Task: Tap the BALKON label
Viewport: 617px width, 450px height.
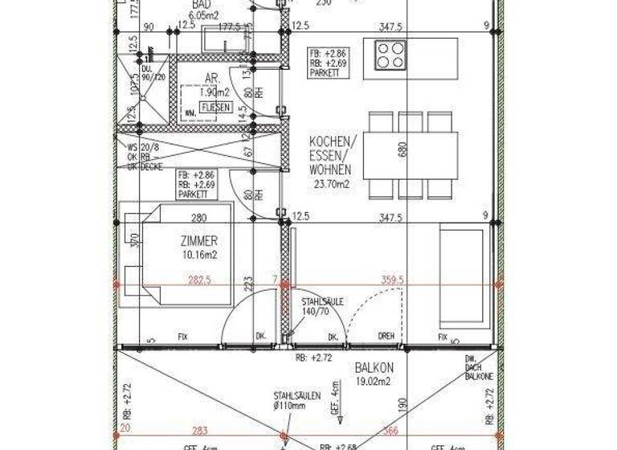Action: pyautogui.click(x=374, y=369)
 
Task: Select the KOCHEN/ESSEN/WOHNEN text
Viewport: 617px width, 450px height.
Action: pyautogui.click(x=330, y=156)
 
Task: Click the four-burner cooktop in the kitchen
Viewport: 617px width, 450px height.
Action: pyautogui.click(x=390, y=55)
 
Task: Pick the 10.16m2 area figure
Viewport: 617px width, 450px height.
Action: pyautogui.click(x=200, y=255)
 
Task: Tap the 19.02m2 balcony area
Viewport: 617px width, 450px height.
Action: pyautogui.click(x=373, y=382)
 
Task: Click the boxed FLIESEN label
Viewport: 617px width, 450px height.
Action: pyautogui.click(x=216, y=107)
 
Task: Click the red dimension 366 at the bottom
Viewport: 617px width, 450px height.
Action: pyautogui.click(x=391, y=432)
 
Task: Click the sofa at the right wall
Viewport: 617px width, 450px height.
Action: pyautogui.click(x=463, y=276)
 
